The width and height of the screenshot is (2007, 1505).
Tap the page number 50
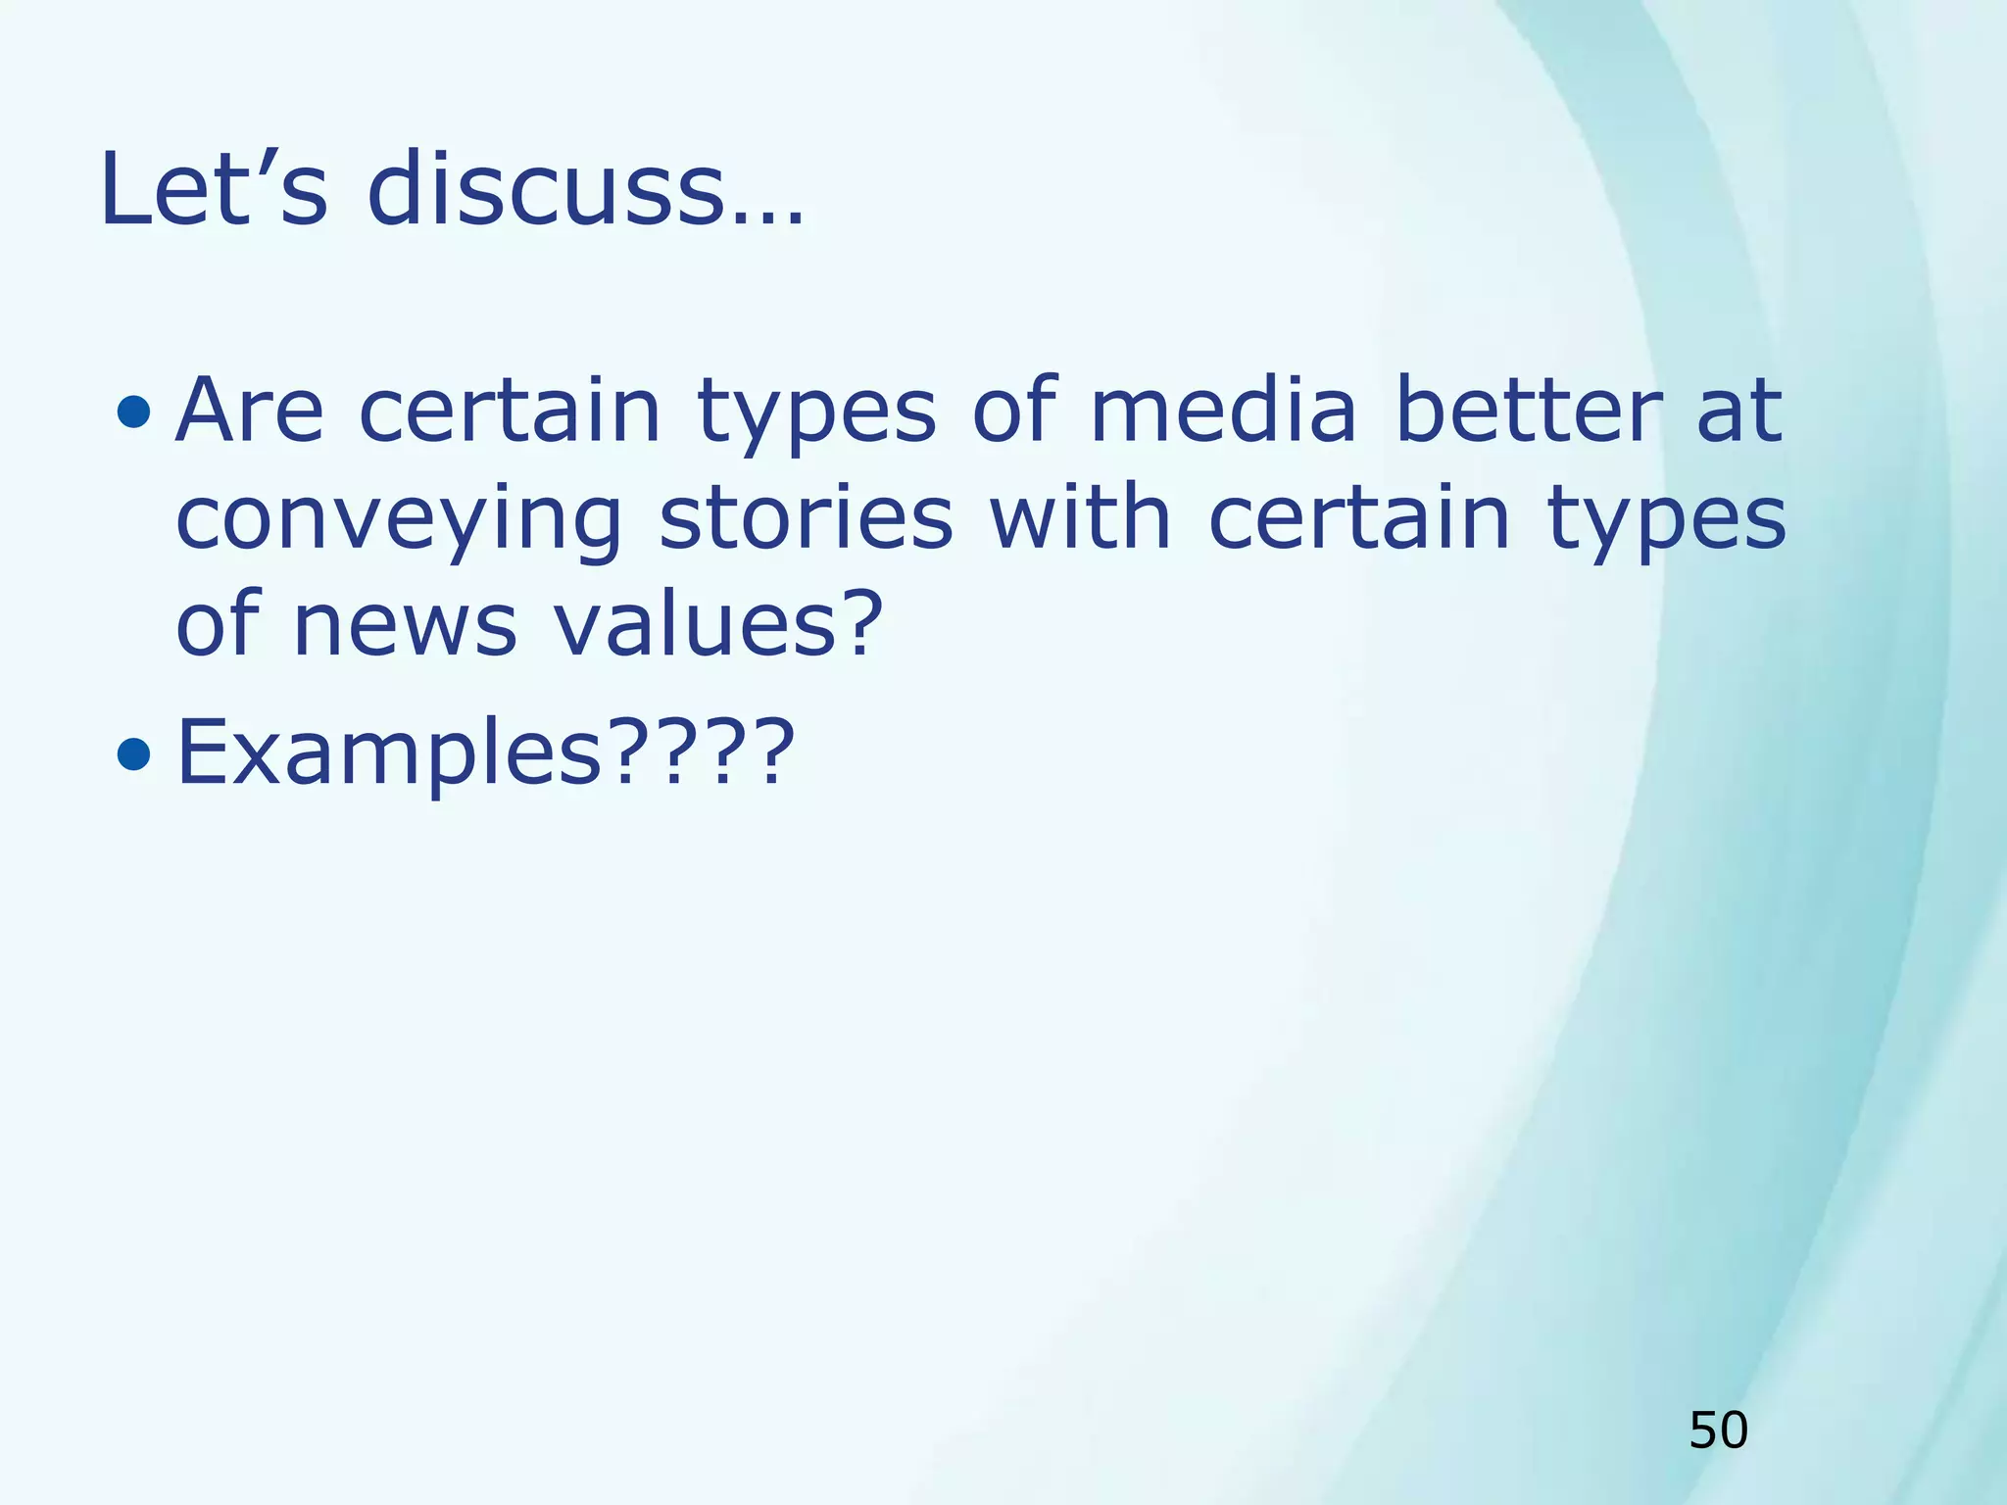1718,1431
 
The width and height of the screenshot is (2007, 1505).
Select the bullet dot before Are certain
133,412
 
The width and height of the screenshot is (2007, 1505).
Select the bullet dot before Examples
133,753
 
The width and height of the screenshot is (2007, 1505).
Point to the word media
1223,412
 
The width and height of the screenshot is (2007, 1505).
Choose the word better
1528,412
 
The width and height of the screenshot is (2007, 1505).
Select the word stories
806,519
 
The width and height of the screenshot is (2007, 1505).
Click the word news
405,627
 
